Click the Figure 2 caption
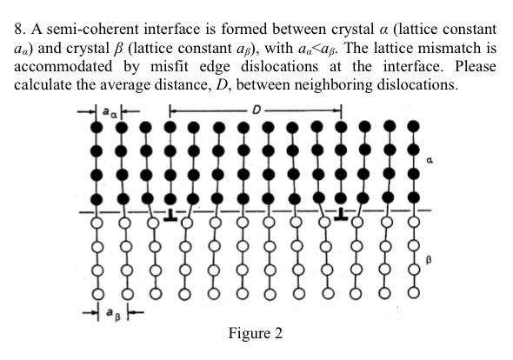pyautogui.click(x=256, y=333)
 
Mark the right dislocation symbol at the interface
pyautogui.click(x=341, y=212)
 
